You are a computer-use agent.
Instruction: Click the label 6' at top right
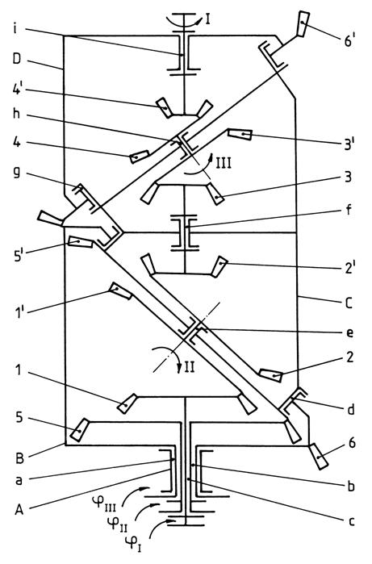(349, 41)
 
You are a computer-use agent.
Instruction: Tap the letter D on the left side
(17, 59)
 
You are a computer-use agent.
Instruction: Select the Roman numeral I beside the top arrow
(207, 19)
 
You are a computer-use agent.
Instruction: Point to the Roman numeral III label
(223, 163)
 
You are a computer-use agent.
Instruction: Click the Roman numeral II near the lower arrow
(190, 368)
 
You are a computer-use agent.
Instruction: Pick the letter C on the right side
(349, 303)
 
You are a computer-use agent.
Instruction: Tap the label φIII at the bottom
(112, 503)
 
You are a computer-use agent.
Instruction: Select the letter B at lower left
(19, 458)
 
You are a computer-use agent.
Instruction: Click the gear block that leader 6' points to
(303, 23)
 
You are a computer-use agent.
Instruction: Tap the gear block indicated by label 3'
(240, 135)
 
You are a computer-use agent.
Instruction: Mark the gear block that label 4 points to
(140, 157)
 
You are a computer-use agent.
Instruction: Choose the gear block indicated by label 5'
(81, 242)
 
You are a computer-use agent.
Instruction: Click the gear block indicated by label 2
(271, 375)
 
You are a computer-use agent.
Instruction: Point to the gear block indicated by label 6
(319, 457)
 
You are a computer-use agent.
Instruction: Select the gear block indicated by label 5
(80, 430)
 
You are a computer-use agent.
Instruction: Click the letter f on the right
(349, 210)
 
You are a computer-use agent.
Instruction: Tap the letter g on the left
(17, 173)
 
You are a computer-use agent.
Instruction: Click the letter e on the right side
(349, 332)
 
